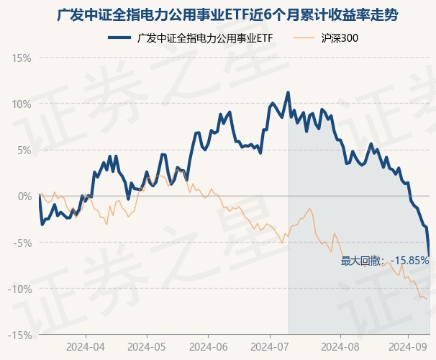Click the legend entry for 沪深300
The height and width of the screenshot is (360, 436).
click(339, 38)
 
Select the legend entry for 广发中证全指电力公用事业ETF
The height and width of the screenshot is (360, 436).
click(204, 38)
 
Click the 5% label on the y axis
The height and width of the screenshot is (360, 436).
click(24, 150)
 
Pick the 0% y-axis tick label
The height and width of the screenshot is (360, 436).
click(24, 196)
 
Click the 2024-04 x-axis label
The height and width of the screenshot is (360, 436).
click(86, 346)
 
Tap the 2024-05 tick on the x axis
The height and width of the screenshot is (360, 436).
click(147, 346)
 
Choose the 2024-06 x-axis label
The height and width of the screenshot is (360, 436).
click(208, 346)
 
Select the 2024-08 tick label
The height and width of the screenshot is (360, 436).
click(331, 346)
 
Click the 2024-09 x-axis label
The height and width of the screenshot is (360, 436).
click(408, 346)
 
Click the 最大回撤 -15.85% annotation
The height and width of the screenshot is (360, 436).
click(385, 261)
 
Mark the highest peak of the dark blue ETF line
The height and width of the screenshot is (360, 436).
click(288, 92)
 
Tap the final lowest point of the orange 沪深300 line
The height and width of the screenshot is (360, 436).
click(426, 299)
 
